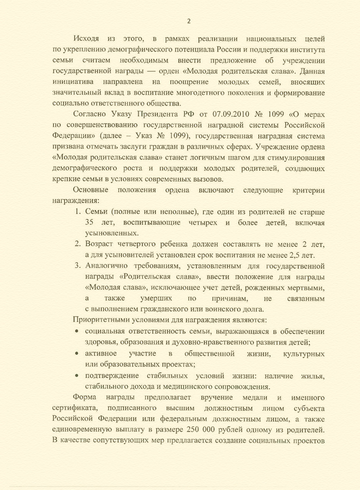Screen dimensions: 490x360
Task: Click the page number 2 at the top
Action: click(189, 21)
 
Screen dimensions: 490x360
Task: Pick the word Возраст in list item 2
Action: click(100, 245)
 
